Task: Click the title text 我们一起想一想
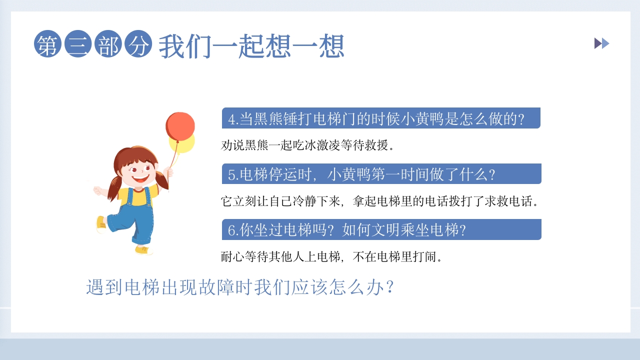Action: pos(251,47)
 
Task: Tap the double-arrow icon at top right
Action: pos(601,43)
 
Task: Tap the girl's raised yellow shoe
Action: pos(101,224)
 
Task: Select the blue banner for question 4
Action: pos(381,118)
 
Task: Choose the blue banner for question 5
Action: pos(381,174)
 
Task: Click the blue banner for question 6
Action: pos(381,230)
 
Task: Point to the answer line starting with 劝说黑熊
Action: pos(308,145)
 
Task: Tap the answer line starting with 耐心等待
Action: pos(332,257)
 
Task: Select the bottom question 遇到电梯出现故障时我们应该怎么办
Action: pos(240,287)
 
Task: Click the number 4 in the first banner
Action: pos(231,119)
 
